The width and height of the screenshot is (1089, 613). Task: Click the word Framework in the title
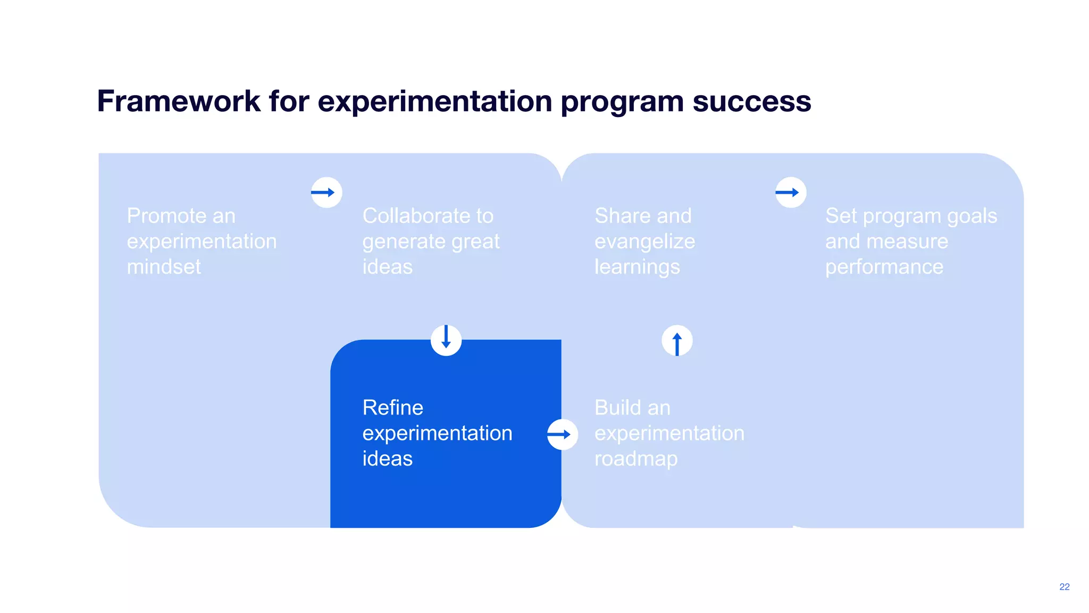pyautogui.click(x=179, y=101)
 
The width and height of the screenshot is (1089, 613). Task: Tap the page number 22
pyautogui.click(x=1064, y=586)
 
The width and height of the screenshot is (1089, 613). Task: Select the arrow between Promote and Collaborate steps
pyautogui.click(x=326, y=192)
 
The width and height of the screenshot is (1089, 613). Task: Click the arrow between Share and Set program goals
pyautogui.click(x=790, y=192)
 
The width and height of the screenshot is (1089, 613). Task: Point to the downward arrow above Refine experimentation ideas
pyautogui.click(x=446, y=339)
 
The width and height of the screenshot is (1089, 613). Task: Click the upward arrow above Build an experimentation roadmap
pyautogui.click(x=677, y=341)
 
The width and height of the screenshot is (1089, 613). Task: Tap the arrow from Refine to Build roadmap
pyautogui.click(x=562, y=434)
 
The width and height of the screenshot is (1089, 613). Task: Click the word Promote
pyautogui.click(x=166, y=216)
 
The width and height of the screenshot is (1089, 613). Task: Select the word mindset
pyautogui.click(x=164, y=267)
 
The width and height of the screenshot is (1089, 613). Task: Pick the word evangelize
pyautogui.click(x=644, y=242)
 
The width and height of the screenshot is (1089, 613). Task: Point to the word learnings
pyautogui.click(x=637, y=267)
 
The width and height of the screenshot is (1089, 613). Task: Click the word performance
pyautogui.click(x=884, y=267)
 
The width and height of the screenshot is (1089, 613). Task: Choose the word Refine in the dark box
pyautogui.click(x=392, y=408)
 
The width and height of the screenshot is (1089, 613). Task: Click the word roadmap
pyautogui.click(x=636, y=459)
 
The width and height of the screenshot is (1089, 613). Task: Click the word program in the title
pyautogui.click(x=622, y=102)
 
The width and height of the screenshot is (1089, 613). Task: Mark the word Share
pyautogui.click(x=617, y=216)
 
